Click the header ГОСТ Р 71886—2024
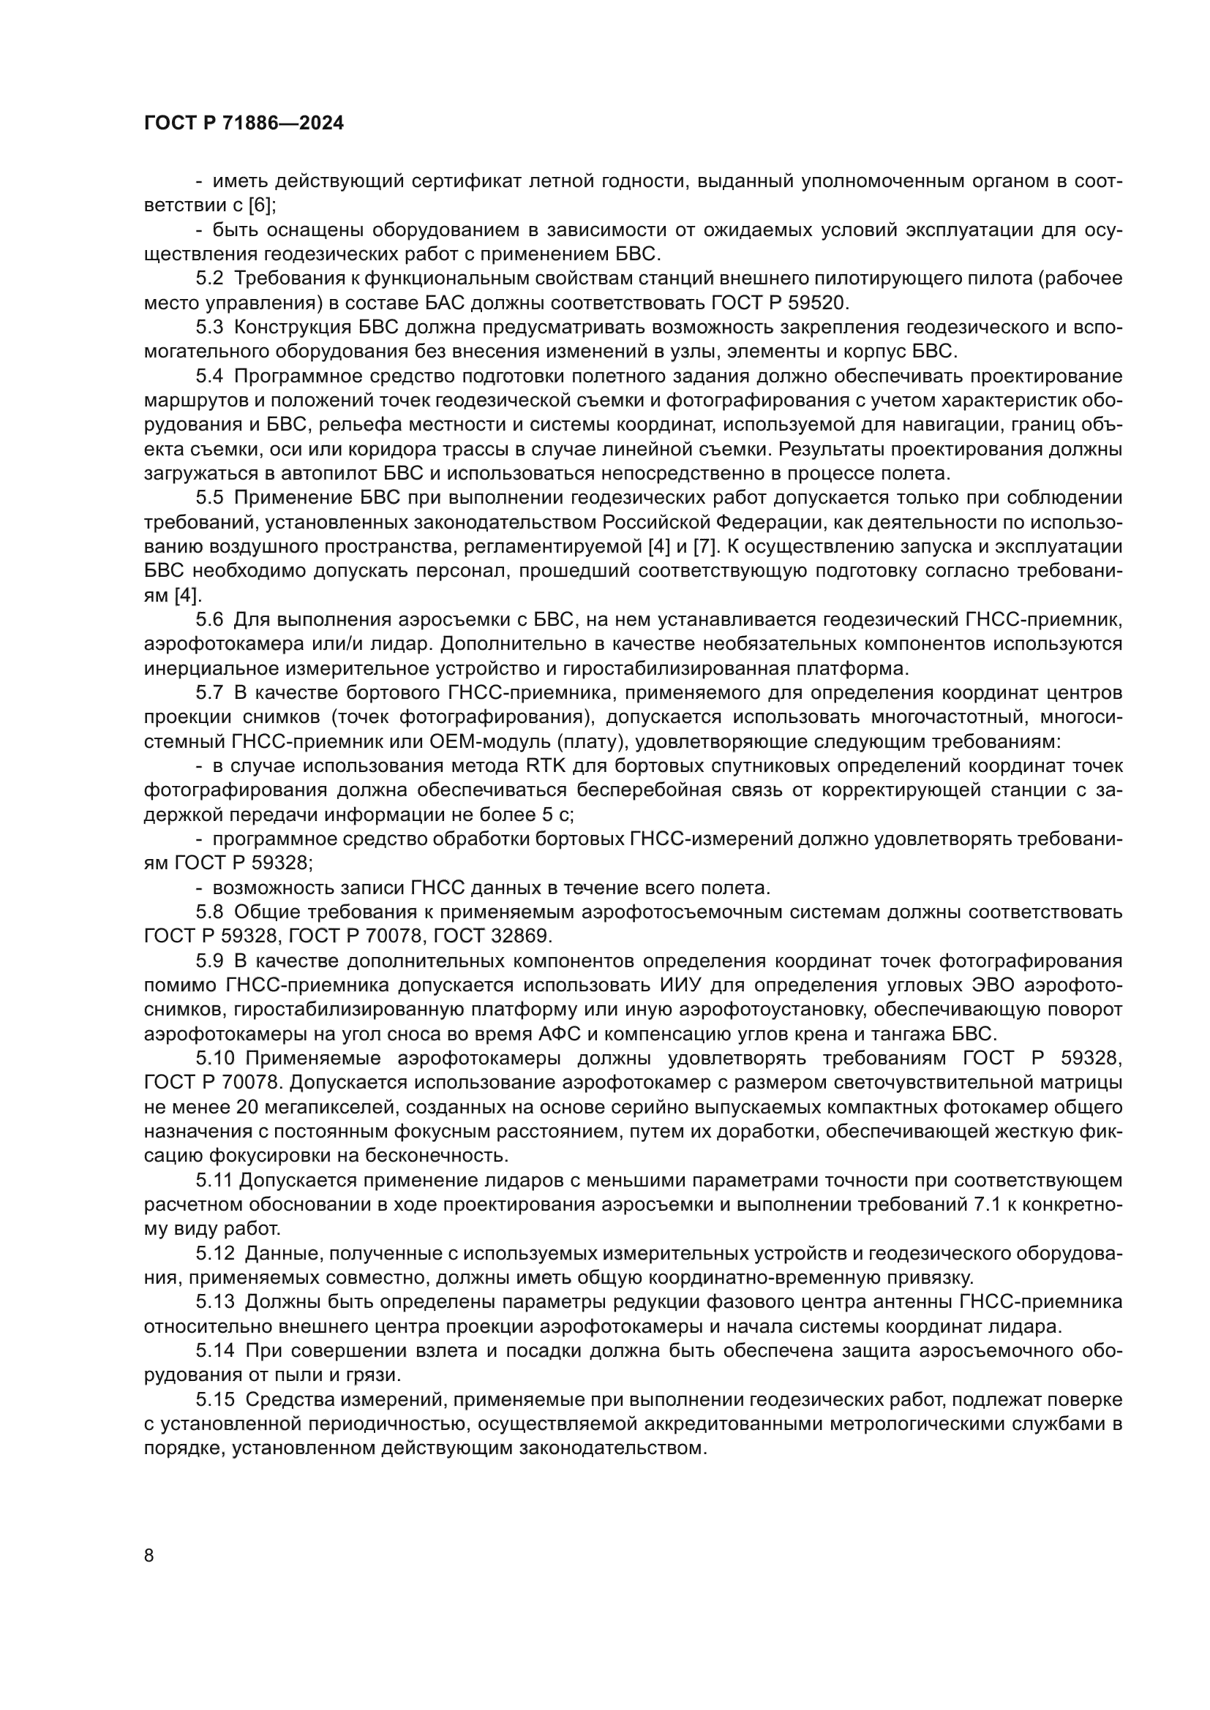pos(244,124)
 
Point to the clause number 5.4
pos(210,376)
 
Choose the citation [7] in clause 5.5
pos(704,547)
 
